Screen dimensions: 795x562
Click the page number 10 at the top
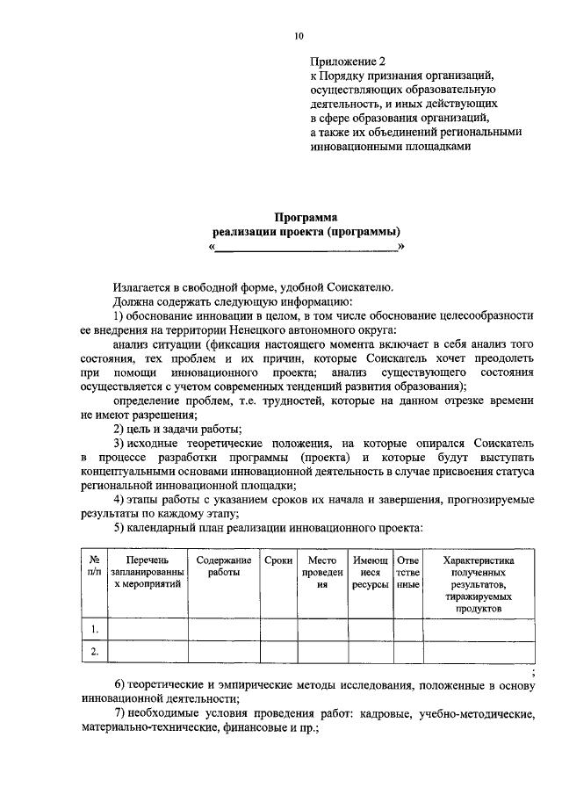click(299, 36)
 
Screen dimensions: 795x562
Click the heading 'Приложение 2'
click(349, 62)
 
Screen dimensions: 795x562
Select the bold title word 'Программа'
click(305, 217)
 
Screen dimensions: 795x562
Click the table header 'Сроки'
click(277, 560)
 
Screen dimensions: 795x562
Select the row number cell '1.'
click(94, 629)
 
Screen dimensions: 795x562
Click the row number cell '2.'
click(94, 652)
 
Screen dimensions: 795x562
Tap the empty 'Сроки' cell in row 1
click(277, 629)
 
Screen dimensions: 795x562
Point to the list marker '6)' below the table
click(120, 684)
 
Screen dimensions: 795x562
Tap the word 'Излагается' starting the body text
click(143, 286)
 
